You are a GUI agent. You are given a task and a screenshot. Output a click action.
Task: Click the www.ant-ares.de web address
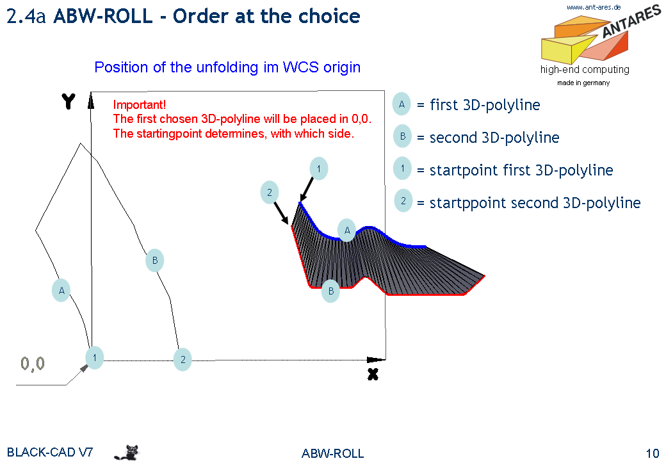(x=594, y=7)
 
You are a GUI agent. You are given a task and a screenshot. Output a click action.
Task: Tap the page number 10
(x=653, y=453)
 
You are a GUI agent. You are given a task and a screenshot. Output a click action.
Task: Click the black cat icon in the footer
(x=127, y=453)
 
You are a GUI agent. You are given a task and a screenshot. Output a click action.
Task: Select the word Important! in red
(x=140, y=104)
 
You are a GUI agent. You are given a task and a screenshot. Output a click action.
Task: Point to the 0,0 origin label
(x=33, y=364)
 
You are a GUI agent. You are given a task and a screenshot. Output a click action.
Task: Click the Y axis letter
(x=69, y=102)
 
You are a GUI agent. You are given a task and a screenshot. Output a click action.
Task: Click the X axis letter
(x=373, y=374)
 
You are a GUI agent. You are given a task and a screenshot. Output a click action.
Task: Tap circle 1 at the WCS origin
(x=94, y=357)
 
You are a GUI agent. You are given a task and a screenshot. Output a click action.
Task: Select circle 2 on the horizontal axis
(x=183, y=360)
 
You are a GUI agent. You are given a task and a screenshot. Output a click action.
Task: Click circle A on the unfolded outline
(x=61, y=290)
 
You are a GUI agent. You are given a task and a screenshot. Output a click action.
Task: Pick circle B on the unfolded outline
(x=154, y=260)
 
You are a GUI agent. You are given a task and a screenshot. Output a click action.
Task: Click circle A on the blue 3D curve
(x=346, y=230)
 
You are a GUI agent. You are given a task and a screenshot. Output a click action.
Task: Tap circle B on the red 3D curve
(x=330, y=291)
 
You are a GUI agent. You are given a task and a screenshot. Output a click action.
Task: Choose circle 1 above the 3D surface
(x=318, y=168)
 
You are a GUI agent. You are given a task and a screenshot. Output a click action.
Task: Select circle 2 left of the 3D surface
(x=270, y=192)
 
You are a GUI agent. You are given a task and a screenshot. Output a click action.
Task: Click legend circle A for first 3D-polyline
(x=402, y=104)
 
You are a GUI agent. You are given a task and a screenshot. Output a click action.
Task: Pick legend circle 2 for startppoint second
(x=403, y=200)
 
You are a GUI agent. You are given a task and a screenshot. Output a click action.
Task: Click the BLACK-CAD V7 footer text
(x=50, y=453)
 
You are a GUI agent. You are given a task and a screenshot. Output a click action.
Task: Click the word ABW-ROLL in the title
(x=103, y=16)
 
